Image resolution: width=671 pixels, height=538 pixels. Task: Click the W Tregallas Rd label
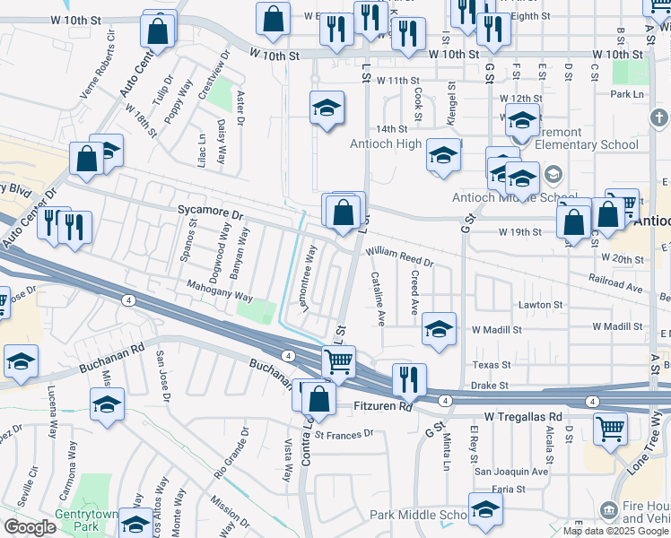coord(523,417)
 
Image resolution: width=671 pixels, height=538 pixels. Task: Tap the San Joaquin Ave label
coord(510,471)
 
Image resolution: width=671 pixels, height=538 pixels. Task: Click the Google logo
coord(30,527)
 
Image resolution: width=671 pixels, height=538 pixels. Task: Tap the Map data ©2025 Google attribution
coord(615,531)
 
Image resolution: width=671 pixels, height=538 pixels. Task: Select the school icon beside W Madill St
coord(440,328)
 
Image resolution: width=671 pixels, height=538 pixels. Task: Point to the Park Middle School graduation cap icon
coord(485,509)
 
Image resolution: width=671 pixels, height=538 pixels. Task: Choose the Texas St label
coord(491,365)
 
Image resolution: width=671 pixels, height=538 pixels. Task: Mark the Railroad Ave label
coord(623,288)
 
